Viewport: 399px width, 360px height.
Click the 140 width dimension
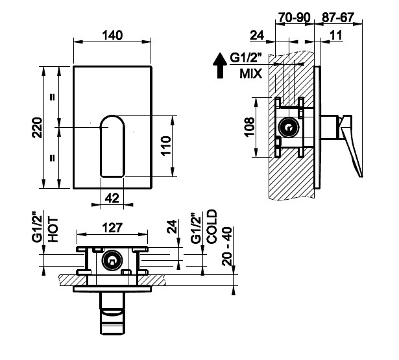click(x=112, y=35)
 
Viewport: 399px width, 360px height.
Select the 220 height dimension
click(x=37, y=128)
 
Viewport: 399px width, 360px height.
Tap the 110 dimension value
click(x=166, y=146)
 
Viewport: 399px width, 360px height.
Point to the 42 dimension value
click(x=112, y=198)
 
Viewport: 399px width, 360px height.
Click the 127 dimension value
click(x=112, y=228)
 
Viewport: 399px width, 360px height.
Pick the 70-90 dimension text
click(x=295, y=18)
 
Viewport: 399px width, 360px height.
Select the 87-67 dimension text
click(x=338, y=18)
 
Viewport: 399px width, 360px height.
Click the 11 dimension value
click(x=337, y=35)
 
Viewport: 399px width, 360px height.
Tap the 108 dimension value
click(x=250, y=127)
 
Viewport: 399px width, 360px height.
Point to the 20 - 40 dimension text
click(x=226, y=246)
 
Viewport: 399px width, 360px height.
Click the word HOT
click(x=53, y=230)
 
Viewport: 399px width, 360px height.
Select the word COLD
click(x=212, y=226)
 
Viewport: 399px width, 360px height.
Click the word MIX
click(x=250, y=74)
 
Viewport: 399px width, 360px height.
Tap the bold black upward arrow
click(x=220, y=66)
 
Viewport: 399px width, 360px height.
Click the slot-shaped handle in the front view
click(x=112, y=146)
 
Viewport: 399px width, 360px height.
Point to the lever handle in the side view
click(x=351, y=145)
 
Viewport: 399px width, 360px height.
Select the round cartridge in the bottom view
click(x=112, y=260)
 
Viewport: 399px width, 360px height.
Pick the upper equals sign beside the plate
click(x=52, y=97)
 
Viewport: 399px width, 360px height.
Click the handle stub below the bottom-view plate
click(x=112, y=313)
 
